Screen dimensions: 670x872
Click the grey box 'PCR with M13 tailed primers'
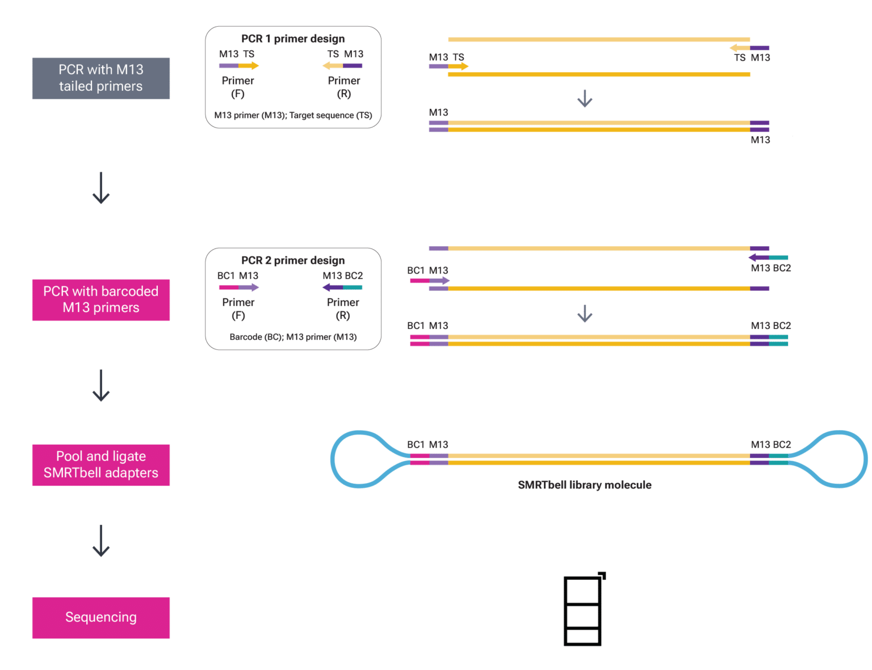click(101, 78)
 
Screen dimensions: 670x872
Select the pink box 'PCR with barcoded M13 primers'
click(101, 300)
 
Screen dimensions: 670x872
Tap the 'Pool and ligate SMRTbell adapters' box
click(101, 465)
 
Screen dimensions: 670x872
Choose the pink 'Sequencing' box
click(101, 617)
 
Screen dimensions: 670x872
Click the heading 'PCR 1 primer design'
click(293, 39)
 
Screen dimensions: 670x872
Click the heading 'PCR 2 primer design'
click(293, 260)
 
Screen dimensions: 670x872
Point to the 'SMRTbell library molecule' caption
click(584, 485)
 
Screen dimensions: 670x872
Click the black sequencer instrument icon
click(583, 610)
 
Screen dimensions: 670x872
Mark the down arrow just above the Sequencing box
click(101, 541)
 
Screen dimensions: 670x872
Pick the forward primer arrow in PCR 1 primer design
click(239, 66)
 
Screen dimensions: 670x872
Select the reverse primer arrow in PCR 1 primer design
click(342, 66)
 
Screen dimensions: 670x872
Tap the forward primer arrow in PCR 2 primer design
click(238, 288)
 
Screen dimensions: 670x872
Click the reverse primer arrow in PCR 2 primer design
click(342, 288)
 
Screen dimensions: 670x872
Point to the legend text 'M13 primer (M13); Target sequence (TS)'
click(293, 116)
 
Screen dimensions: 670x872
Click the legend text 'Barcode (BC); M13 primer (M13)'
click(293, 337)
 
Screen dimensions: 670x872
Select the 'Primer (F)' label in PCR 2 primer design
click(238, 309)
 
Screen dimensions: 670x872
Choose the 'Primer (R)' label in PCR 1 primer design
click(343, 87)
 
